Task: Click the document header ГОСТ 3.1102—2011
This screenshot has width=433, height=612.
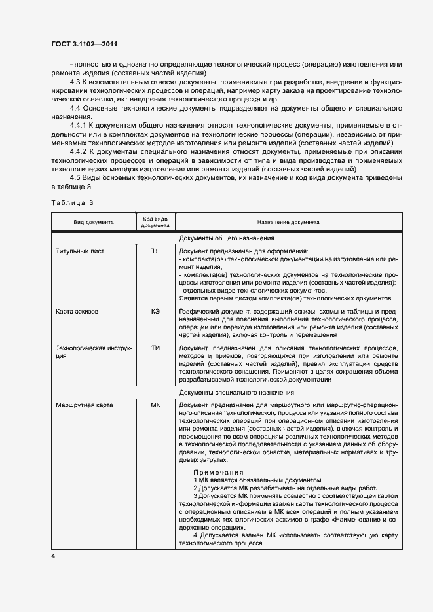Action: pos(85,44)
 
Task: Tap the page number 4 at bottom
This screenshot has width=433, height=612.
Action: pos(54,556)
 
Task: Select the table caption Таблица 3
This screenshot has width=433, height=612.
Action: pos(72,204)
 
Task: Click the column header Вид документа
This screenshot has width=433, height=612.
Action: pos(93,222)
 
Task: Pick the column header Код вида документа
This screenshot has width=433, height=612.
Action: pos(155,222)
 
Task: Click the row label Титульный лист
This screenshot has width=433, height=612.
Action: pos(80,251)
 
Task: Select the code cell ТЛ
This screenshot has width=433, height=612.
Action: pos(155,251)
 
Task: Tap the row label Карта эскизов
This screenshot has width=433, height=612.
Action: pos(77,312)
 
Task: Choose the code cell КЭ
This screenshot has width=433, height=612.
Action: pos(155,312)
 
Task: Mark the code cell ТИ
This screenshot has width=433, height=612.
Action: pos(155,348)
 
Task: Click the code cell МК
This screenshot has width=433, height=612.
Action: pos(155,405)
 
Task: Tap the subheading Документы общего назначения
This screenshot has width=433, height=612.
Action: pos(226,238)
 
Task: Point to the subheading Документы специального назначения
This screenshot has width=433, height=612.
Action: pos(236,392)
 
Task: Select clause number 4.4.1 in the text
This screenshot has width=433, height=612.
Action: pos(79,125)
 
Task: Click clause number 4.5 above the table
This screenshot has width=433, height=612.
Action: pos(76,178)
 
